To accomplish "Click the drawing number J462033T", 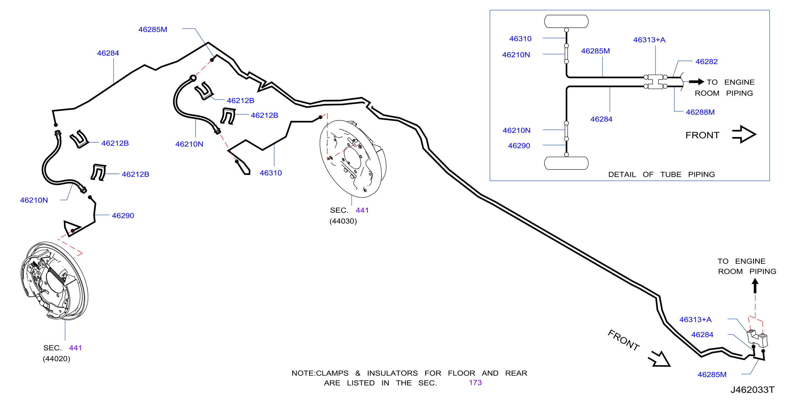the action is click(752, 389).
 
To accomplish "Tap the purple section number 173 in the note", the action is click(475, 383).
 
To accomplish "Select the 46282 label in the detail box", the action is click(706, 61).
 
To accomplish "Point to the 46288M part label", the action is click(700, 112).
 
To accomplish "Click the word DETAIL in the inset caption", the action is click(622, 174).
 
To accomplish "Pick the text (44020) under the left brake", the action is click(56, 358).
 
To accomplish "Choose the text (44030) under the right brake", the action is click(343, 221).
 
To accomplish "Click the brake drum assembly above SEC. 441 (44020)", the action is click(54, 281).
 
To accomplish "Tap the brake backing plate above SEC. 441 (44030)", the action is click(353, 159).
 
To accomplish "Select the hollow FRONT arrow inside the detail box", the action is click(744, 134).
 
